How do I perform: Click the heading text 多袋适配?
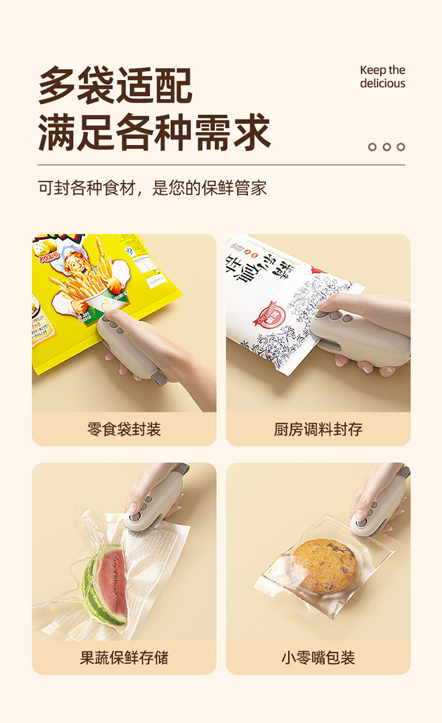coord(115,86)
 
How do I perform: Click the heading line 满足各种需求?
coord(154,132)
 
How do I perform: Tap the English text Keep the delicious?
coord(382,77)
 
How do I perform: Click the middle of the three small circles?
coord(387,147)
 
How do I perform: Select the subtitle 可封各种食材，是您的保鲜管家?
coord(152,188)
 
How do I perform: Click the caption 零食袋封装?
coord(124,429)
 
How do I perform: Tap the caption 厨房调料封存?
coord(318,429)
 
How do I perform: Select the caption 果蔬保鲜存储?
coord(124,658)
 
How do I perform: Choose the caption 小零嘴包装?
coord(318,658)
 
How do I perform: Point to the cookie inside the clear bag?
coord(324,565)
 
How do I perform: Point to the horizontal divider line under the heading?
coord(221,165)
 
